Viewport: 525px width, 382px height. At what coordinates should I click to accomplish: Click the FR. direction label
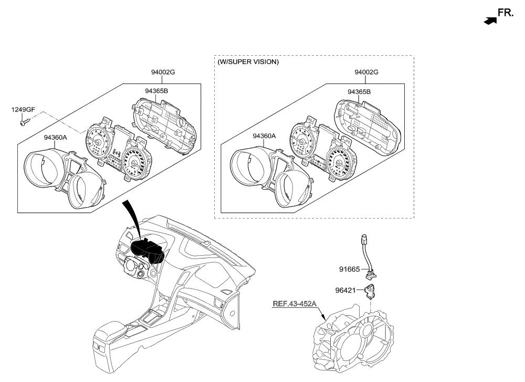[506, 13]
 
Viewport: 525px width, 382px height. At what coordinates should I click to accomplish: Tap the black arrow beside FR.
[489, 21]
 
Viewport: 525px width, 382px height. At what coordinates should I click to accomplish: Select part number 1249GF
[23, 109]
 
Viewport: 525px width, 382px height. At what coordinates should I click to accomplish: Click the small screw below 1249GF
[23, 123]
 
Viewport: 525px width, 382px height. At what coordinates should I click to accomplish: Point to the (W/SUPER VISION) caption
[248, 62]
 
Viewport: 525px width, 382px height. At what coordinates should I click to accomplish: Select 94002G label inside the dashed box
[366, 72]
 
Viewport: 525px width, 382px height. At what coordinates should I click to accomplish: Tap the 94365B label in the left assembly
[155, 91]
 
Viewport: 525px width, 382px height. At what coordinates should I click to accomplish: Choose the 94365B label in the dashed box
[359, 91]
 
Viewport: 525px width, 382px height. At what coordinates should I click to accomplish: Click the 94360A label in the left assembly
[56, 137]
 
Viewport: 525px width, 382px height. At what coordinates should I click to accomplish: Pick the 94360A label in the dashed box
[264, 136]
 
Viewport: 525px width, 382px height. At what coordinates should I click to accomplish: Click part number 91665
[349, 270]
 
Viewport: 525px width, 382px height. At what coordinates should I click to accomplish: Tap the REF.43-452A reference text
[294, 304]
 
